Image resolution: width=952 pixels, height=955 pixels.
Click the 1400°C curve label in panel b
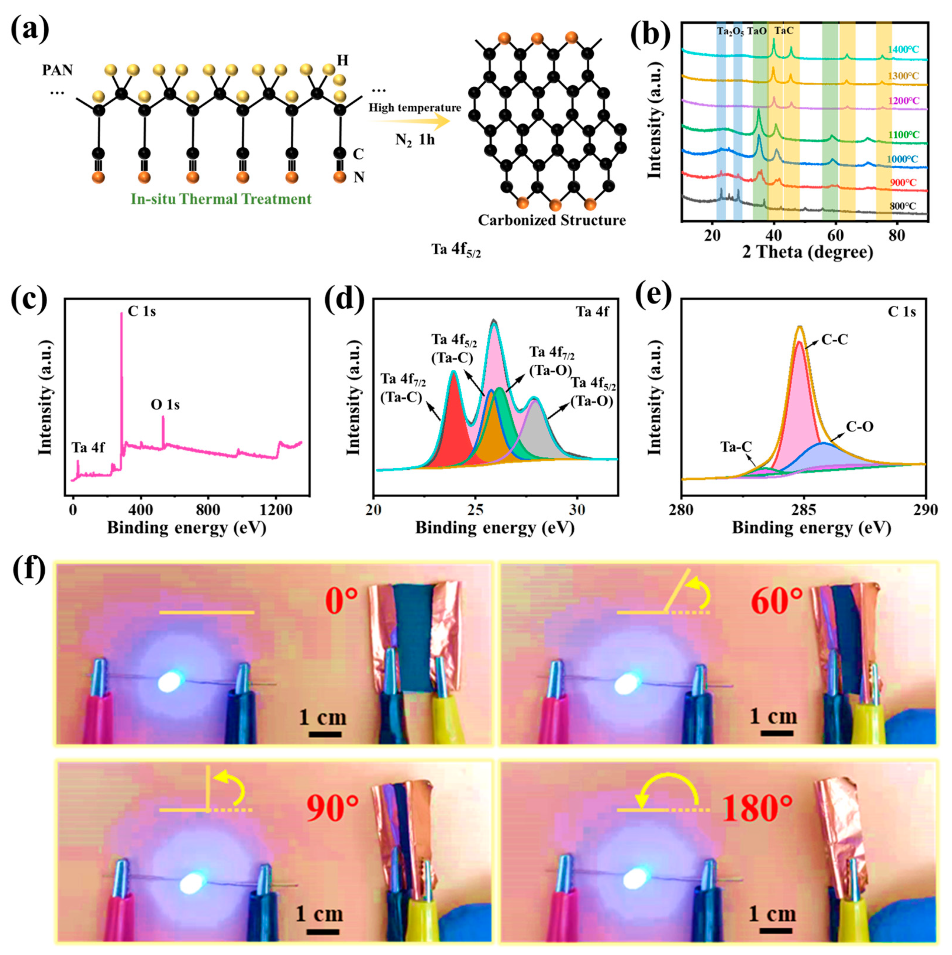click(903, 49)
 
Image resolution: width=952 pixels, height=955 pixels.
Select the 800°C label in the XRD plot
click(903, 206)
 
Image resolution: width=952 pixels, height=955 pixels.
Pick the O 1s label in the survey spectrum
click(165, 405)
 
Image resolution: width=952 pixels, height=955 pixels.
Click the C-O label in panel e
click(860, 426)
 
